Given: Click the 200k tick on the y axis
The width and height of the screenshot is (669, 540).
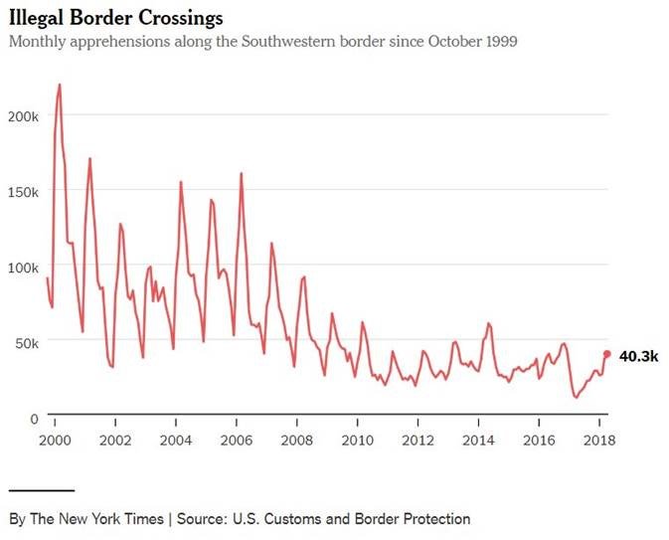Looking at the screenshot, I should (x=22, y=114).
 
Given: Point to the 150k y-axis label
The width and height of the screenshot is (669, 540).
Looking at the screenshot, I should (x=22, y=190).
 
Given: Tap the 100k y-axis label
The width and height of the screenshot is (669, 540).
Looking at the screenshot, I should (x=22, y=266).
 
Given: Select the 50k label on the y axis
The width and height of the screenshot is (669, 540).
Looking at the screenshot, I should (x=25, y=341).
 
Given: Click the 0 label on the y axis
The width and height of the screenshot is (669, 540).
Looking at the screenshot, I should (x=34, y=417).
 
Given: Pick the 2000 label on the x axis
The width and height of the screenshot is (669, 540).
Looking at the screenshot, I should (x=55, y=440).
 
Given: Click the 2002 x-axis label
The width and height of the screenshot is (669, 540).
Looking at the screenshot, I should (x=115, y=440).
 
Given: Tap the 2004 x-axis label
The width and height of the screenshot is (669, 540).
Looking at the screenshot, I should (x=176, y=440).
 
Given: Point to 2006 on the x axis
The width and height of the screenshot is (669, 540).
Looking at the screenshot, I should (x=237, y=440).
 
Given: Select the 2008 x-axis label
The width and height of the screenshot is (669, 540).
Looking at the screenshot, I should (x=297, y=440).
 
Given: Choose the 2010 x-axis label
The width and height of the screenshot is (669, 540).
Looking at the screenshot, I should (x=358, y=440).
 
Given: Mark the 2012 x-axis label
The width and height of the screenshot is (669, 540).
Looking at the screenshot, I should (x=418, y=440).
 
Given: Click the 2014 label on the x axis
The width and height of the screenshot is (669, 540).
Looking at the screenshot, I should (x=479, y=440).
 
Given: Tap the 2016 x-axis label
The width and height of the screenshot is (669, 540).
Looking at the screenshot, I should (x=540, y=440).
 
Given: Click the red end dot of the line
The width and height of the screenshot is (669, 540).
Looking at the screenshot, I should (x=607, y=354).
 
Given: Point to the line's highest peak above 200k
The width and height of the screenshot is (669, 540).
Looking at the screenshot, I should (x=60, y=85).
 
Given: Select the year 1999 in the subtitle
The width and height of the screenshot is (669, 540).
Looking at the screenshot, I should (x=499, y=42).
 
